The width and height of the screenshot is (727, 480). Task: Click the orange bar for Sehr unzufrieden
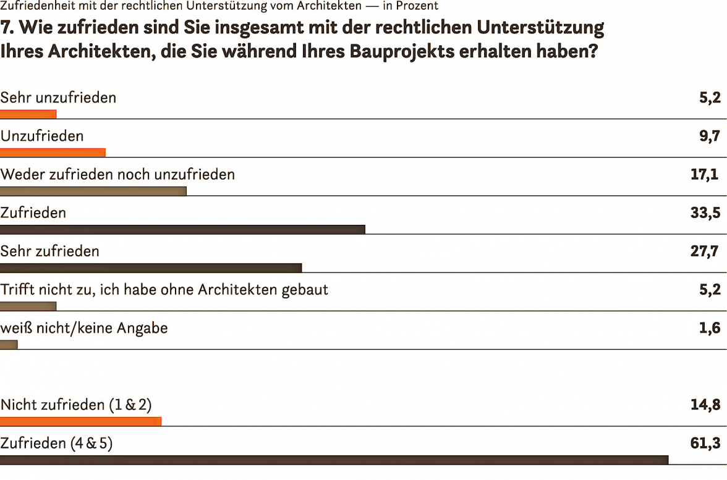(x=28, y=114)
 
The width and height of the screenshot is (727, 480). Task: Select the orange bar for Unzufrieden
(x=53, y=153)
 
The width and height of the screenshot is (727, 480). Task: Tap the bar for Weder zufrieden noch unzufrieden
(x=93, y=191)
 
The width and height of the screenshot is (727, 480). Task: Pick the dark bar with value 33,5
(x=182, y=229)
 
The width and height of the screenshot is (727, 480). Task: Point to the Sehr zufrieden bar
(x=151, y=267)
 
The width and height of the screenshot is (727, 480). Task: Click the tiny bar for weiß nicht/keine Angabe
(x=9, y=344)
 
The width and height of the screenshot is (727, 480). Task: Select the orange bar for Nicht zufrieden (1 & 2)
(x=80, y=421)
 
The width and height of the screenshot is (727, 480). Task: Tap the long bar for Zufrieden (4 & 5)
(x=334, y=460)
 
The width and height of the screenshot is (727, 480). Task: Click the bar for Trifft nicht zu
(x=28, y=306)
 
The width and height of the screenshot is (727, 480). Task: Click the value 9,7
(x=710, y=136)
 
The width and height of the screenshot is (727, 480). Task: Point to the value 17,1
(x=705, y=175)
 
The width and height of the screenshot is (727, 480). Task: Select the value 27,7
(x=705, y=251)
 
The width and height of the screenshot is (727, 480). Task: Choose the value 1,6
(x=710, y=328)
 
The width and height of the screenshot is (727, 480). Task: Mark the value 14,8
(x=705, y=405)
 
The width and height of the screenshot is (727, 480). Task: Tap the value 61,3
(x=705, y=444)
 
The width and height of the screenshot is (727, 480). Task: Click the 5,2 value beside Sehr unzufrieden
(x=710, y=98)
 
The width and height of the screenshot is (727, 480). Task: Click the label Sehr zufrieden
(x=50, y=251)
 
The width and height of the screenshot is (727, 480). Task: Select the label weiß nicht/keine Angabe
(x=84, y=328)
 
